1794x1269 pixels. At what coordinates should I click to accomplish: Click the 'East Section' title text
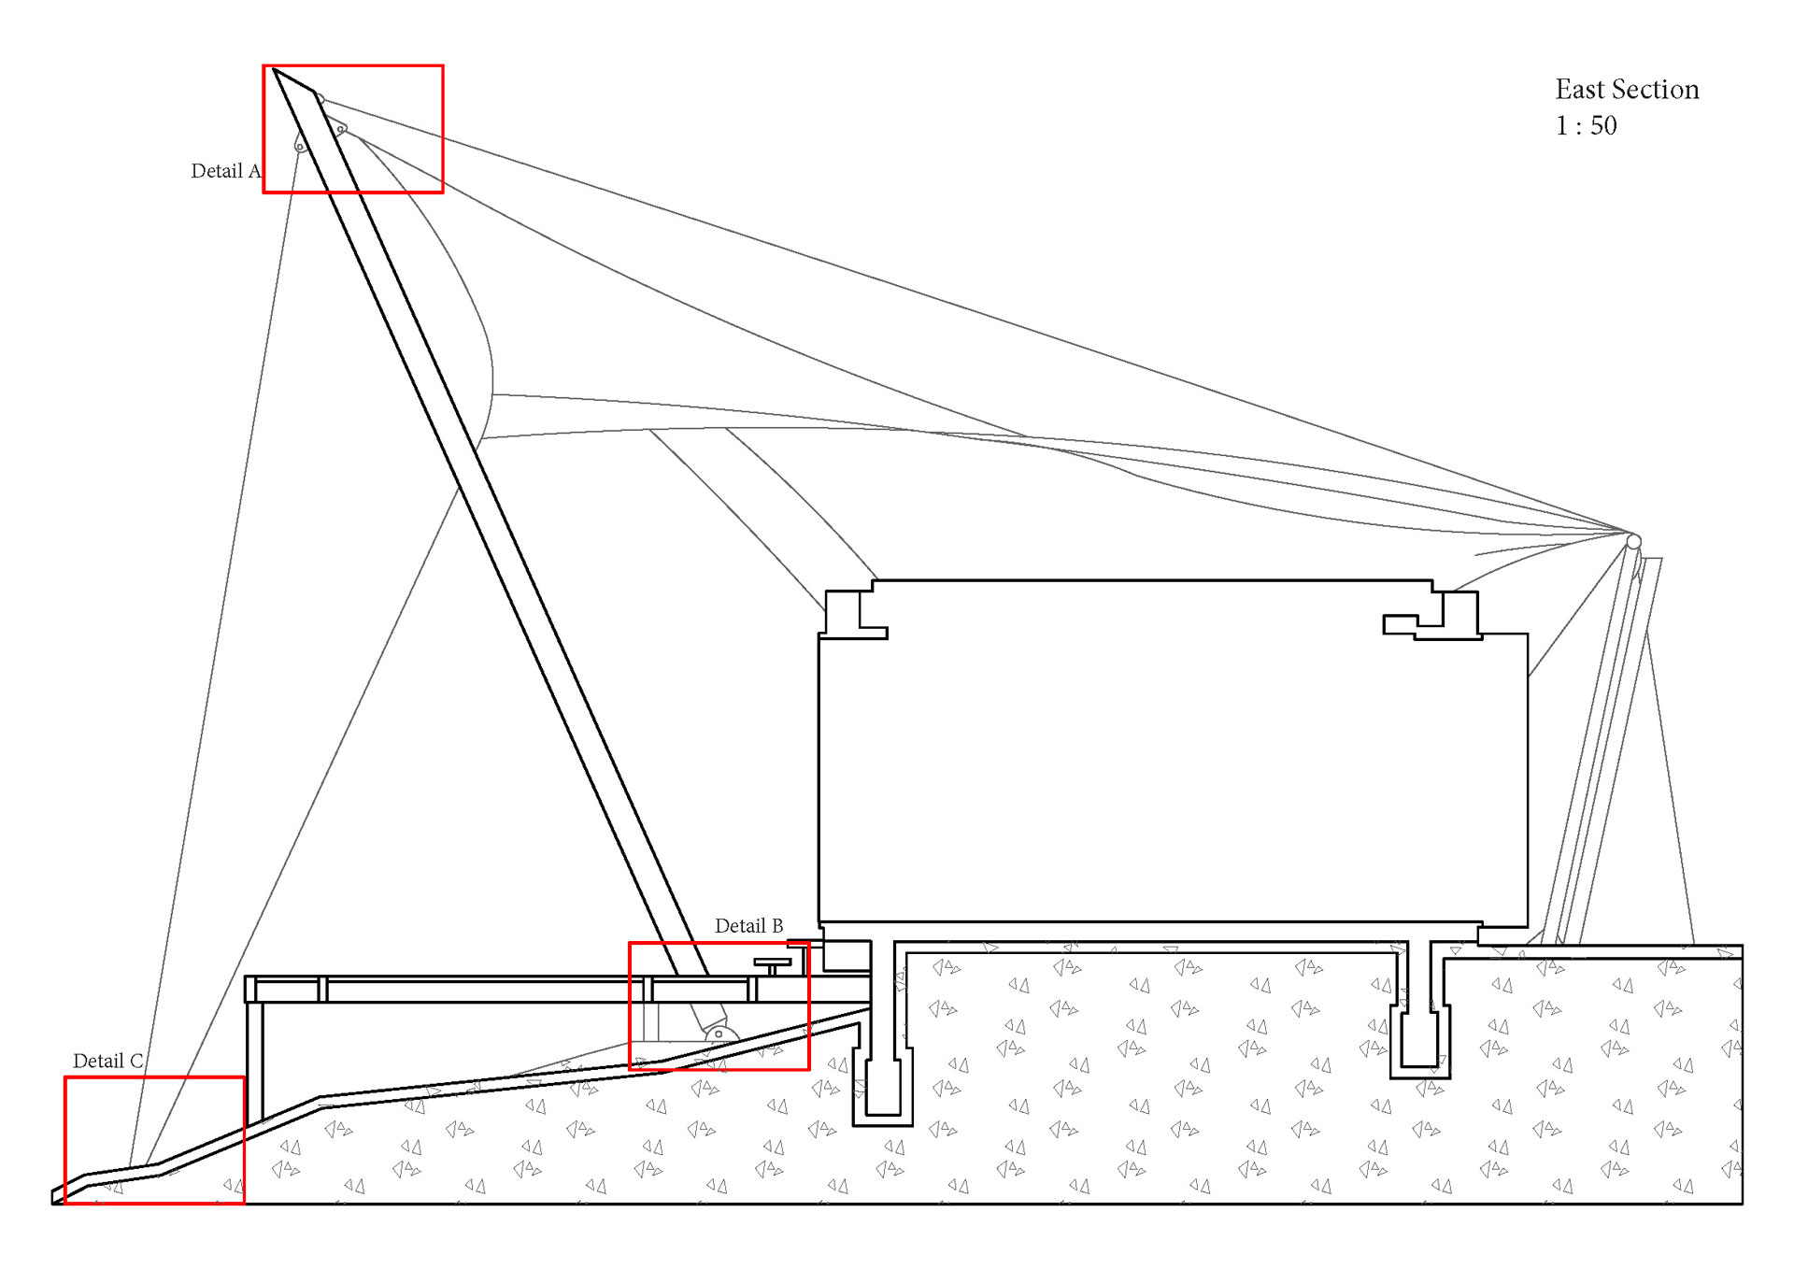pos(1626,90)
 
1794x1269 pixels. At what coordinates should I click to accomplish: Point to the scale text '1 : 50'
pos(1586,126)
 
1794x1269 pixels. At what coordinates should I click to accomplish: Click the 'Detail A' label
pos(225,171)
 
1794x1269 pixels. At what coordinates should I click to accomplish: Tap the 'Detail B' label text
pos(748,926)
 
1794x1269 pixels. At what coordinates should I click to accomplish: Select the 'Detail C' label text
pos(107,1062)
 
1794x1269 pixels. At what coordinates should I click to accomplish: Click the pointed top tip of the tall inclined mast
pos(275,70)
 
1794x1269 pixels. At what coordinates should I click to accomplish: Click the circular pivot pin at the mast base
pos(718,1034)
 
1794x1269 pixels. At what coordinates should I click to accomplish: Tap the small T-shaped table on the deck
pos(773,964)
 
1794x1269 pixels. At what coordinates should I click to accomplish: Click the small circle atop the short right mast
pos(1633,542)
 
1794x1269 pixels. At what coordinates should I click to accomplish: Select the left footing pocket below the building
pos(883,1084)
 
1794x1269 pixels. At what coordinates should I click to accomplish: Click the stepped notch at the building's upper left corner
pos(855,614)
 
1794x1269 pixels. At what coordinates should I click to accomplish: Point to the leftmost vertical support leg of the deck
pos(254,1056)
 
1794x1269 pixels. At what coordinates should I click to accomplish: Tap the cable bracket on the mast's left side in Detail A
pos(301,144)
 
